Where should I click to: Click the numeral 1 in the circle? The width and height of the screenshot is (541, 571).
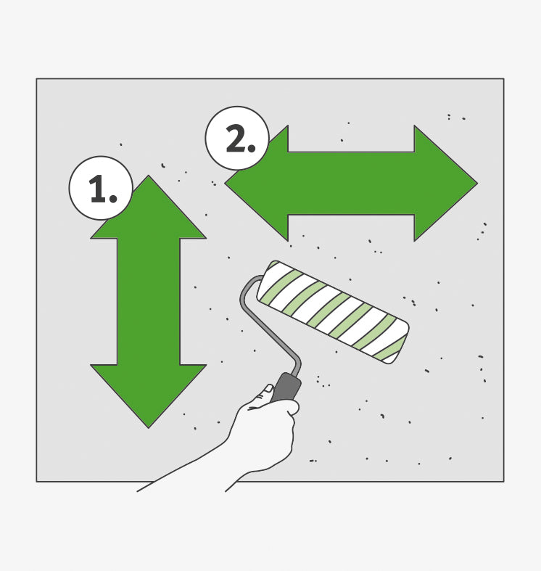tap(98, 188)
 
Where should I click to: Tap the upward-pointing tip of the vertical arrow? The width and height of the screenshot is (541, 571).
tap(149, 176)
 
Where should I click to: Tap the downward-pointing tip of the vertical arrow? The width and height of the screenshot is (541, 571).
tap(149, 428)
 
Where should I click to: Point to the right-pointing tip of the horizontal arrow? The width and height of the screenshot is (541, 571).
tap(477, 183)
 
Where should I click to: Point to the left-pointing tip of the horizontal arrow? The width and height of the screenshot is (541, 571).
tap(225, 183)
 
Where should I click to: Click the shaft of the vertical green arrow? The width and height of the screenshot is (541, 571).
tap(149, 302)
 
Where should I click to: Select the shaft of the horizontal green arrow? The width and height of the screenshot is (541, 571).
tap(351, 183)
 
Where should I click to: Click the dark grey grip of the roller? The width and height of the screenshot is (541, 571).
tap(286, 387)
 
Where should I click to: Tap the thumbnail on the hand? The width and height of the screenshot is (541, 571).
tap(268, 388)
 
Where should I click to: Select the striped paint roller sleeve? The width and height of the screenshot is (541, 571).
tap(333, 312)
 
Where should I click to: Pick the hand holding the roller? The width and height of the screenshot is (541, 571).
tap(263, 430)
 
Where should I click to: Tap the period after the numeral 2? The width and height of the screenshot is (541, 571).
tap(252, 147)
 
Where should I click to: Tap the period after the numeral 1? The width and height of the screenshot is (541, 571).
tap(113, 199)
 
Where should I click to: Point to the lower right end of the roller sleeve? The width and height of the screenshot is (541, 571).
tap(397, 349)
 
